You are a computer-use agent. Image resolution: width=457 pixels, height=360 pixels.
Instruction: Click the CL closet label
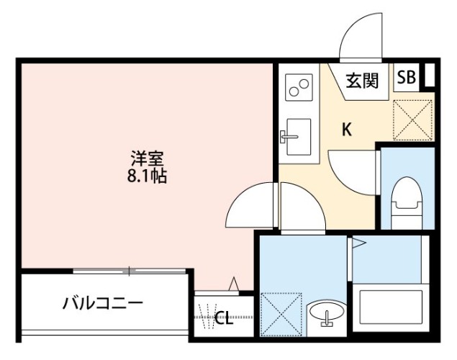click(224, 318)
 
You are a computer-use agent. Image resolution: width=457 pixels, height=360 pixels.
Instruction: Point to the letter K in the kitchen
click(346, 130)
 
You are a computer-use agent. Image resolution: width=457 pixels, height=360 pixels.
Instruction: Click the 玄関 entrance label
click(362, 80)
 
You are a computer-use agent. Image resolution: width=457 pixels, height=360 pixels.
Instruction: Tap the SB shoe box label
click(406, 78)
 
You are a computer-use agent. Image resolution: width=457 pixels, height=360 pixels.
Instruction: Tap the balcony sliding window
click(130, 271)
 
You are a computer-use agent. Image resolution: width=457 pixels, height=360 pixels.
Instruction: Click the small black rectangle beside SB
click(430, 76)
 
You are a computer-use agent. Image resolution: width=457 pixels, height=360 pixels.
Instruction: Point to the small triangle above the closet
click(234, 284)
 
